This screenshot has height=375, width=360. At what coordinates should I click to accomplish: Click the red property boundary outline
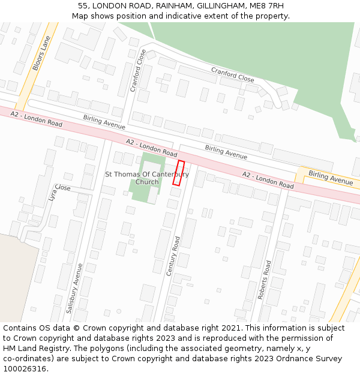pyautogui.click(x=178, y=173)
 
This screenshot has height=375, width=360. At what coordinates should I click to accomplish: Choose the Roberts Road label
pyautogui.click(x=265, y=280)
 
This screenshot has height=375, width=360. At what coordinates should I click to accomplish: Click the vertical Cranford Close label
pyautogui.click(x=138, y=71)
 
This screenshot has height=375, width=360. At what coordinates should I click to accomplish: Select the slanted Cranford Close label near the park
pyautogui.click(x=232, y=74)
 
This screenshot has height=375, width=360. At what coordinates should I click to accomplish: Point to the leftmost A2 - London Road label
pyautogui.click(x=36, y=118)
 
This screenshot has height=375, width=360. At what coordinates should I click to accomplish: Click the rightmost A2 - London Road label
pyautogui.click(x=268, y=180)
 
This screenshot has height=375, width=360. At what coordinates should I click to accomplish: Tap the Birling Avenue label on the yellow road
pyautogui.click(x=331, y=177)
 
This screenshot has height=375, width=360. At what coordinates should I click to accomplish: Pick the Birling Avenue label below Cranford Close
pyautogui.click(x=104, y=122)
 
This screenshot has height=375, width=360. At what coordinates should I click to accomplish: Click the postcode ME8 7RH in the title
pyautogui.click(x=265, y=5)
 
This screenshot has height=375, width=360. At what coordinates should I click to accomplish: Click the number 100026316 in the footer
pyautogui.click(x=25, y=369)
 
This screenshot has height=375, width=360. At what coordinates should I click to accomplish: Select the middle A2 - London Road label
pyautogui.click(x=151, y=146)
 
